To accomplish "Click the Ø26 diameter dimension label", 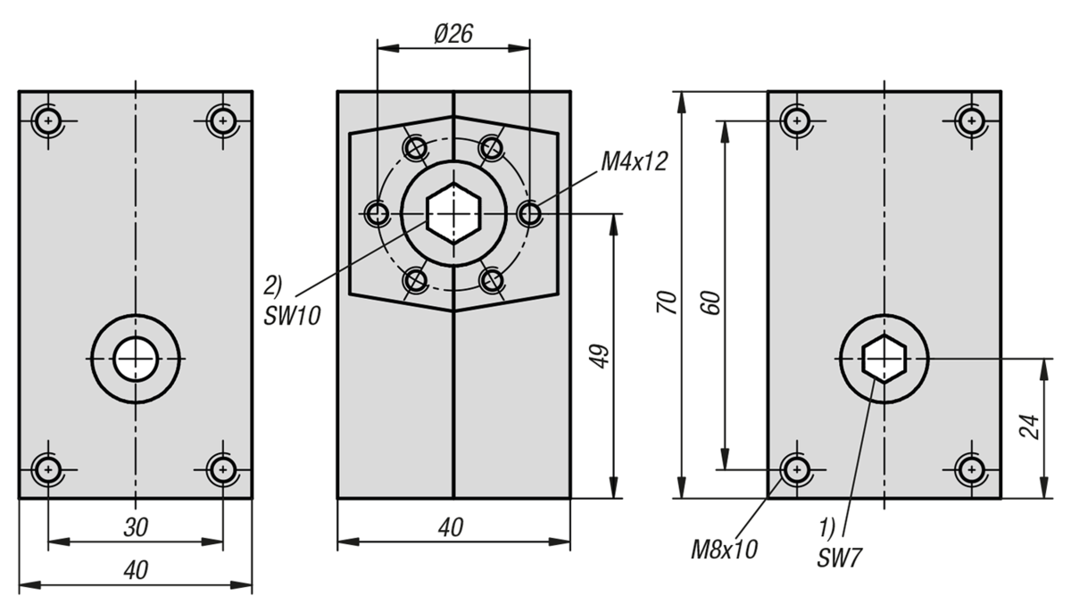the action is (x=453, y=34).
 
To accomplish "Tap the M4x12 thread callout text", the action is (x=634, y=161).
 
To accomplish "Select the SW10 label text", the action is (x=292, y=316).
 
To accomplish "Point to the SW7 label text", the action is (x=839, y=558).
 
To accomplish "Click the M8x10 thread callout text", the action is (x=724, y=550).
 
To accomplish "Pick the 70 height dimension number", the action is (x=667, y=302).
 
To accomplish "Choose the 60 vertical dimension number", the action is (x=710, y=302).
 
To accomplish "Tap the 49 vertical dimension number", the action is (x=599, y=356).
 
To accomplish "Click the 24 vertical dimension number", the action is (x=1029, y=427).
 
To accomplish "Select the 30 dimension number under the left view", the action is (x=136, y=528).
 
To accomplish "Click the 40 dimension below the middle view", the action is (x=451, y=528).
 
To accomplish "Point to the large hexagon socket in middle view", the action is (x=453, y=213).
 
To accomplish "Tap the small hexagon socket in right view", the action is (x=884, y=359).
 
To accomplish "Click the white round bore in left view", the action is (x=136, y=359).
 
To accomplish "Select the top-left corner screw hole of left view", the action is (x=48, y=120).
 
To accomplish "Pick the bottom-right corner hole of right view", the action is (x=971, y=469).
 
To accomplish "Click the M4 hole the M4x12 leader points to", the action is (x=529, y=213).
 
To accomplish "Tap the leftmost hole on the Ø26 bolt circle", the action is (x=378, y=213).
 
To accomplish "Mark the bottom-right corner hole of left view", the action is (x=222, y=469).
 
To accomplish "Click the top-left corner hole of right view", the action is (x=796, y=120).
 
